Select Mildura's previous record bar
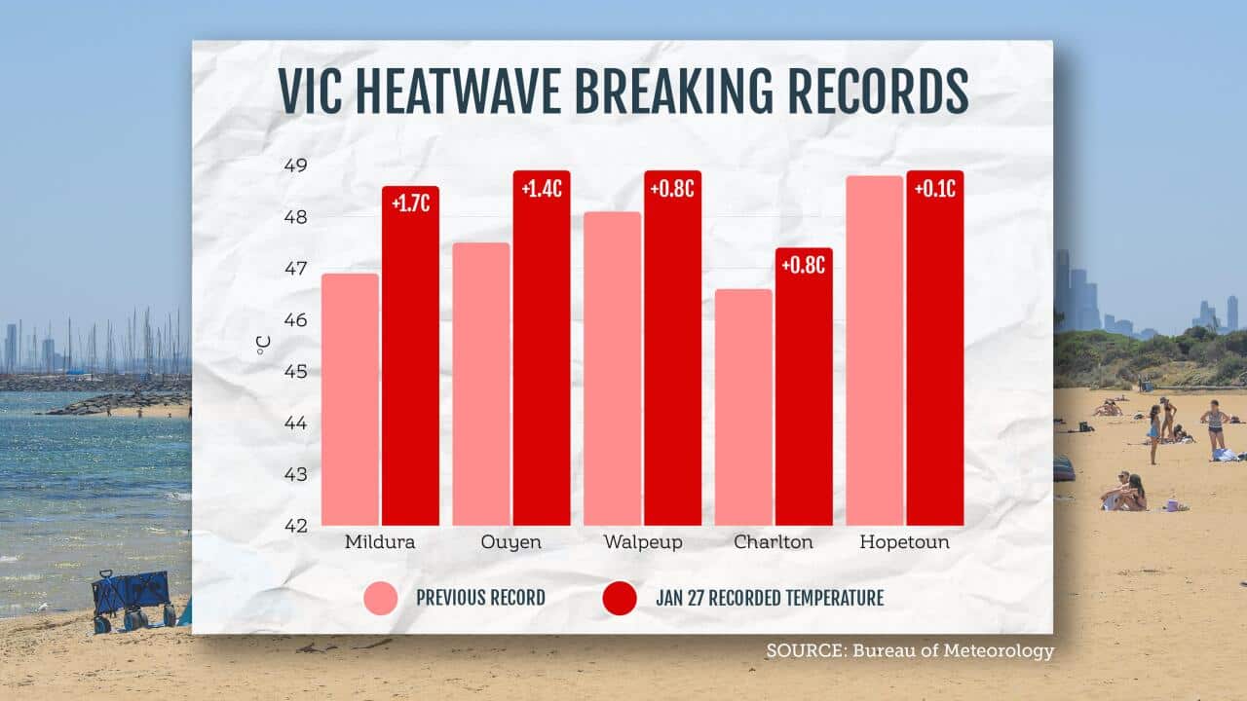click(x=350, y=399)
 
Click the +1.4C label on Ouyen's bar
click(x=541, y=189)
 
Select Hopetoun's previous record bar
click(x=874, y=350)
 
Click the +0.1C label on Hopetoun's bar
click(x=934, y=189)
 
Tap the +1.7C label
click(x=410, y=203)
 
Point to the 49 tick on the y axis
click(x=293, y=166)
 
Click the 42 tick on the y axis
click(x=293, y=526)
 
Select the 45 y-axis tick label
click(x=293, y=372)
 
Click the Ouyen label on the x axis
click(x=510, y=542)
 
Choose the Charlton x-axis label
click(x=773, y=542)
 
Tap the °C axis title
click(x=264, y=345)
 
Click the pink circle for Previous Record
click(x=381, y=598)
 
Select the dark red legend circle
click(x=620, y=598)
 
